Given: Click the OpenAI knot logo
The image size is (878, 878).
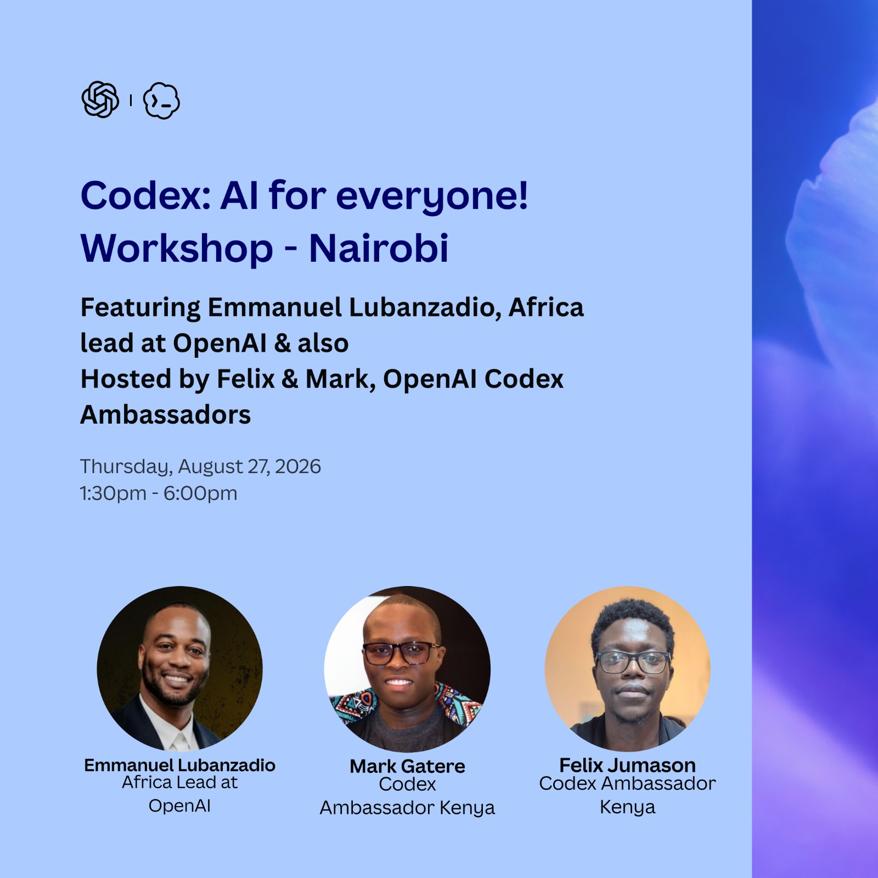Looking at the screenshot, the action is [x=100, y=100].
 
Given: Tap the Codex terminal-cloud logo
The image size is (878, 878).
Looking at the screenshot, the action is [x=161, y=100].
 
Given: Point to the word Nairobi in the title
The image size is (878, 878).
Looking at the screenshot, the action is [x=379, y=248].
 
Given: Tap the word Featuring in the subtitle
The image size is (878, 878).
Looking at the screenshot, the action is [x=140, y=308].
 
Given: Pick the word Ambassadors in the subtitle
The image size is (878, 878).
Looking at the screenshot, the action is [x=166, y=415].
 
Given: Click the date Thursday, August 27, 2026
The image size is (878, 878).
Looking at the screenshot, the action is [x=200, y=467].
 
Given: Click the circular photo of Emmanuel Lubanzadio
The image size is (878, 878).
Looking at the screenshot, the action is [x=179, y=668].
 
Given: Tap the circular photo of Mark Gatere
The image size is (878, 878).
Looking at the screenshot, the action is [x=407, y=669].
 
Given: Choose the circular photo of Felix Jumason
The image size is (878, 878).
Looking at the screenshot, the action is [x=627, y=668].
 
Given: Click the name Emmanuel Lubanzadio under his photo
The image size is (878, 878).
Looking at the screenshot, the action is [x=179, y=765].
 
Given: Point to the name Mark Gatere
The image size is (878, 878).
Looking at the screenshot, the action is [x=407, y=766].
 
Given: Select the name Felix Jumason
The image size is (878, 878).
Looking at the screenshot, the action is [x=627, y=765].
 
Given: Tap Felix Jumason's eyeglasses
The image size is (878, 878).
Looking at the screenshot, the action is [x=633, y=662].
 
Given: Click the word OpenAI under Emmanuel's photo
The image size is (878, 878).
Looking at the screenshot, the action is [x=179, y=806].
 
